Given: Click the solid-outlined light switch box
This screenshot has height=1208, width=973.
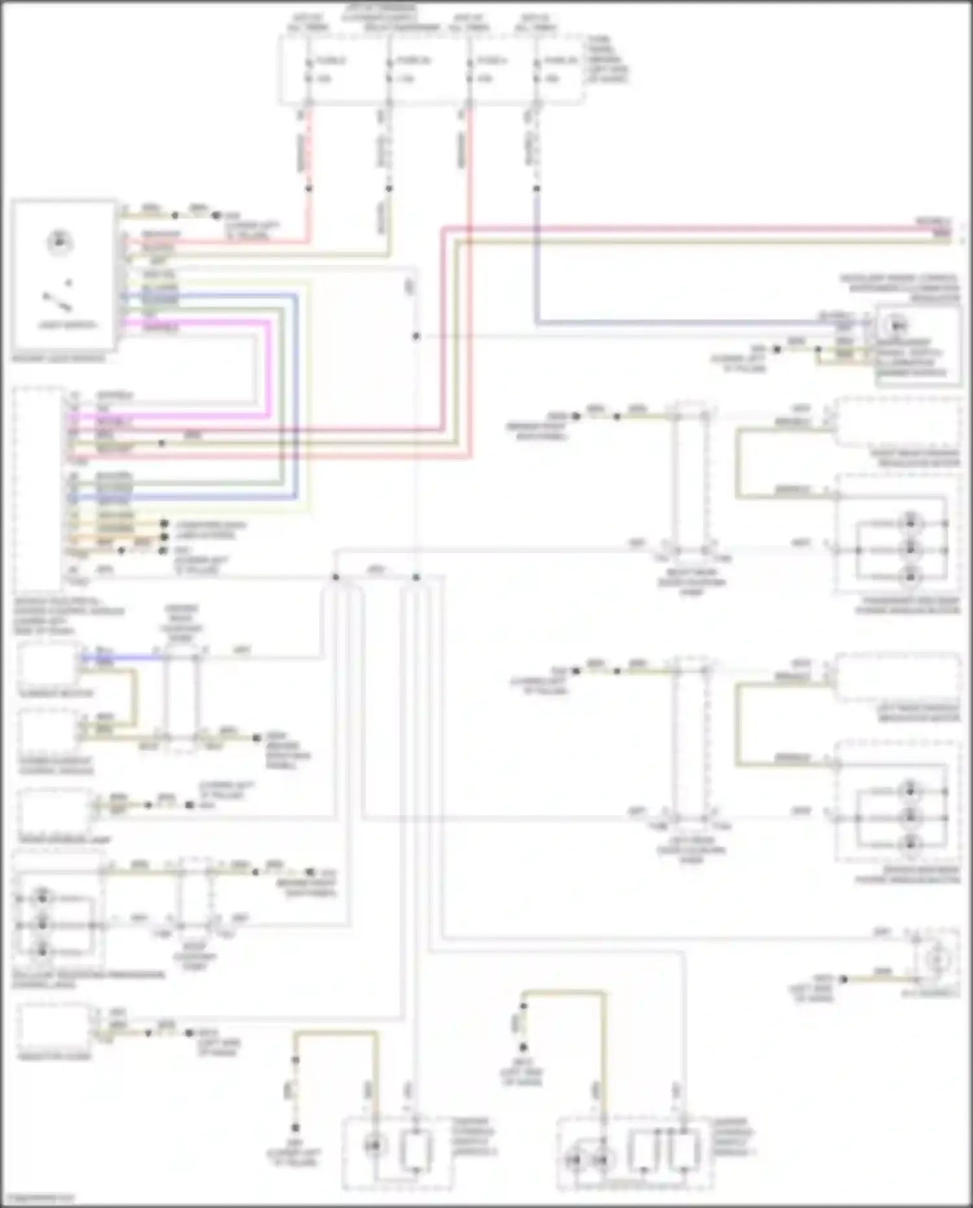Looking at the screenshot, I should (64, 275).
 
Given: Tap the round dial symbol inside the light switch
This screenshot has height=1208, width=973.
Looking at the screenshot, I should (60, 243).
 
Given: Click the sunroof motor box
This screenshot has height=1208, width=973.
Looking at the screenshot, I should (49, 665).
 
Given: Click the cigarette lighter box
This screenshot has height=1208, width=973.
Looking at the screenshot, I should (54, 1025).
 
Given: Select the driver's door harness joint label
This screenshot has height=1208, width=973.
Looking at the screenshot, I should (182, 623).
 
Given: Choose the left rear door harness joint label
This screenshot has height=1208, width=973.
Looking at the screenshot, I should (691, 850).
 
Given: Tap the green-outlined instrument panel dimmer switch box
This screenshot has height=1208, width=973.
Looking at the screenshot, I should (918, 344).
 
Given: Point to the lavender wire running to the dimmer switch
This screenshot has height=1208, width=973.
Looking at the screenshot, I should (649, 322).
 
